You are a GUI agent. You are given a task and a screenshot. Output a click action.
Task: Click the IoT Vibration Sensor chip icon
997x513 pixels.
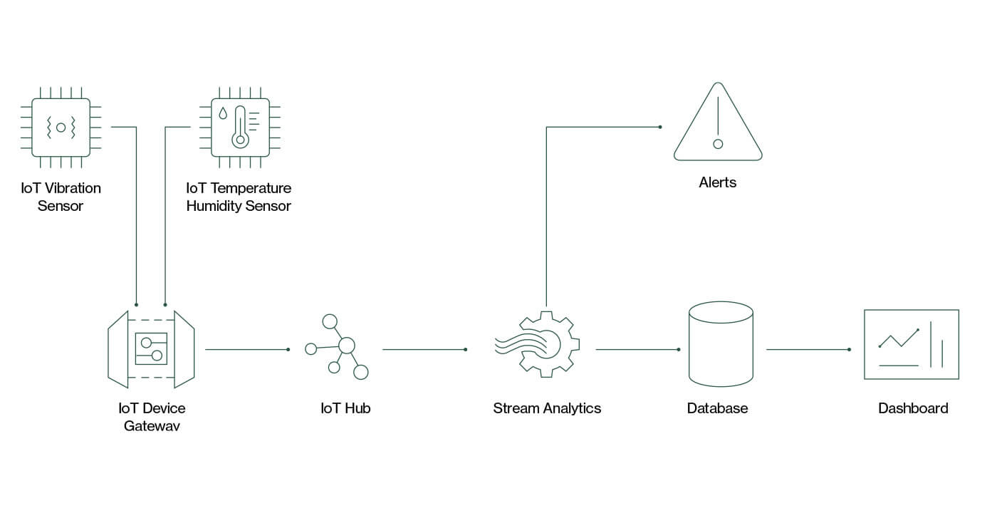coord(61,128)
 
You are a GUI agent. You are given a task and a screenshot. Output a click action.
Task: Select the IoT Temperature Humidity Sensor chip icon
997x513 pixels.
coord(240,128)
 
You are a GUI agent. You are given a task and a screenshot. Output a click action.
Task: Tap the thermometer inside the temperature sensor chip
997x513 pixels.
coord(241,127)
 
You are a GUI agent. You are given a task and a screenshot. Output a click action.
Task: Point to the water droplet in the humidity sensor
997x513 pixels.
coord(223,113)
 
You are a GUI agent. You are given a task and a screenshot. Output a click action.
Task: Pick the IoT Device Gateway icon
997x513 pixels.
coord(151,349)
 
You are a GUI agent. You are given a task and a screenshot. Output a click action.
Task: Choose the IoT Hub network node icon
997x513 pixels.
coord(337,347)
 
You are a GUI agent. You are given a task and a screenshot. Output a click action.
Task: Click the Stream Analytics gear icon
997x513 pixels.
coord(538,344)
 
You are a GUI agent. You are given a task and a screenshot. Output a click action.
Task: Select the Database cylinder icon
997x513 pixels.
coord(721,343)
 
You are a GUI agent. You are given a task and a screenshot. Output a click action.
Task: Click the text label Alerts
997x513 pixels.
coord(718,182)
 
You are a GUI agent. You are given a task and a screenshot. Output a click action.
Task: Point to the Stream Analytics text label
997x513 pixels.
coord(547,408)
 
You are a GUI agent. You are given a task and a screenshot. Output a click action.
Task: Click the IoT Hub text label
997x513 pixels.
coord(345,408)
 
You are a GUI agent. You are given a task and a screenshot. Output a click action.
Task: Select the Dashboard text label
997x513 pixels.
coord(913,408)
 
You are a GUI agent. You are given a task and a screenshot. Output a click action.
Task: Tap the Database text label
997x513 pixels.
coord(718,408)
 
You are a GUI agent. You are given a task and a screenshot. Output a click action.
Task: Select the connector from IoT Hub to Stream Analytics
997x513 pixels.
coord(425,350)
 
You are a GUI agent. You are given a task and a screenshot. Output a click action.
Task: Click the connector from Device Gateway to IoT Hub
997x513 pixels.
coord(248,350)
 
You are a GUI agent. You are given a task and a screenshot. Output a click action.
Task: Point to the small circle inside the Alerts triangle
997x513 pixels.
coord(718,144)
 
